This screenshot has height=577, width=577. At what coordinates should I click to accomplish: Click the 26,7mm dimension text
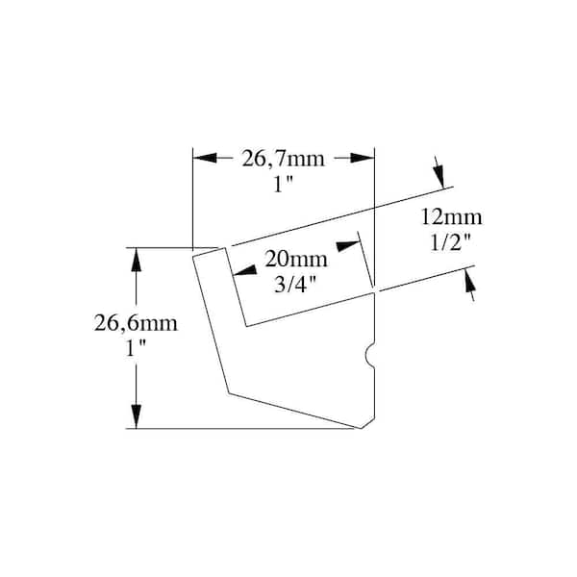coord(283,160)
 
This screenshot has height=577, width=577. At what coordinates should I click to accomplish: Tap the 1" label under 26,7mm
coord(283,184)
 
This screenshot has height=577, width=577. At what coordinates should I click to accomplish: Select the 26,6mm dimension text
coord(136,323)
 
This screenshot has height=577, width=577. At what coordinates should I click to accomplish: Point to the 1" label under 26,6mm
coord(136,348)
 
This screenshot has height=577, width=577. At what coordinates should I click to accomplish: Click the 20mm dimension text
coord(296,259)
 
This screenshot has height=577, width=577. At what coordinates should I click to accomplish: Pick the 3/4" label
coord(295,284)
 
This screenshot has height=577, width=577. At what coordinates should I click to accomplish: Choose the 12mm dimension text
coord(451,217)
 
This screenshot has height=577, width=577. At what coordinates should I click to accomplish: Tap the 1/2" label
coord(451,242)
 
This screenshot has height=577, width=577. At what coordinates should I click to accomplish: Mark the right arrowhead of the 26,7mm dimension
coord(363,158)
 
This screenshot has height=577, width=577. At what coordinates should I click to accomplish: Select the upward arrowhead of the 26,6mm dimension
coord(137,260)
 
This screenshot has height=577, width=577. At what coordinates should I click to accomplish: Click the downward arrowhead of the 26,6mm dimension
coord(137,416)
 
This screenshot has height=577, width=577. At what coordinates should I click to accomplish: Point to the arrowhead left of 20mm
coord(244,270)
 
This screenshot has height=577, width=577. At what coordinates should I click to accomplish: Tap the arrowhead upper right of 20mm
coord(348,246)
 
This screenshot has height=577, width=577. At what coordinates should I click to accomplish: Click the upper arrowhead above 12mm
coord(439,176)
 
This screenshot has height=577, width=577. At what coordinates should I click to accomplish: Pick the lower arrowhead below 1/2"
coord(469,281)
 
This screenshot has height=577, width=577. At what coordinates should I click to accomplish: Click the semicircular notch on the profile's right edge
coord(370,356)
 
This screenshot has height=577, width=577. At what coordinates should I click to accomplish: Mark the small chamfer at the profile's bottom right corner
coord(367,423)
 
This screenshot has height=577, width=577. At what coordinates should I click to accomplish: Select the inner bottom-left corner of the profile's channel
coord(246,326)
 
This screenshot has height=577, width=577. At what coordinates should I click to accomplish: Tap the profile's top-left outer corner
coord(193,256)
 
